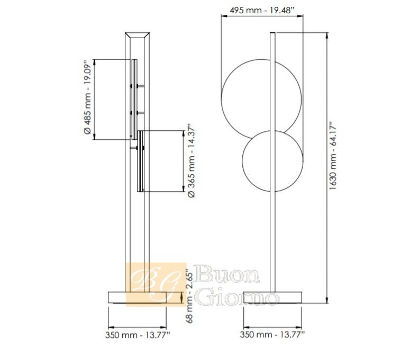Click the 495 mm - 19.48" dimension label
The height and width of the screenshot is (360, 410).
click(x=262, y=11)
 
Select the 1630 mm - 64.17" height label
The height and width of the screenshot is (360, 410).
click(x=333, y=156)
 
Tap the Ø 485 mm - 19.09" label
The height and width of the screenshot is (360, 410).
click(x=88, y=97)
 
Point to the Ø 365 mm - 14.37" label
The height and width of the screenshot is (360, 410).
click(x=192, y=162)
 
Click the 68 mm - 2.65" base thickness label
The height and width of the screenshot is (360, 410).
click(x=190, y=297)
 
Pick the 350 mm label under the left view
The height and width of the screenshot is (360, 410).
click(x=138, y=335)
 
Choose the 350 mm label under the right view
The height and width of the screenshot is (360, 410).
click(x=272, y=335)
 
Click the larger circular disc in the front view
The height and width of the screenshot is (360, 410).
click(x=222, y=100)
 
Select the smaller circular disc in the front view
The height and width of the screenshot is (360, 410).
click(x=242, y=161)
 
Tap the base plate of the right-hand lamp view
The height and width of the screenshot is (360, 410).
click(x=272, y=298)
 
